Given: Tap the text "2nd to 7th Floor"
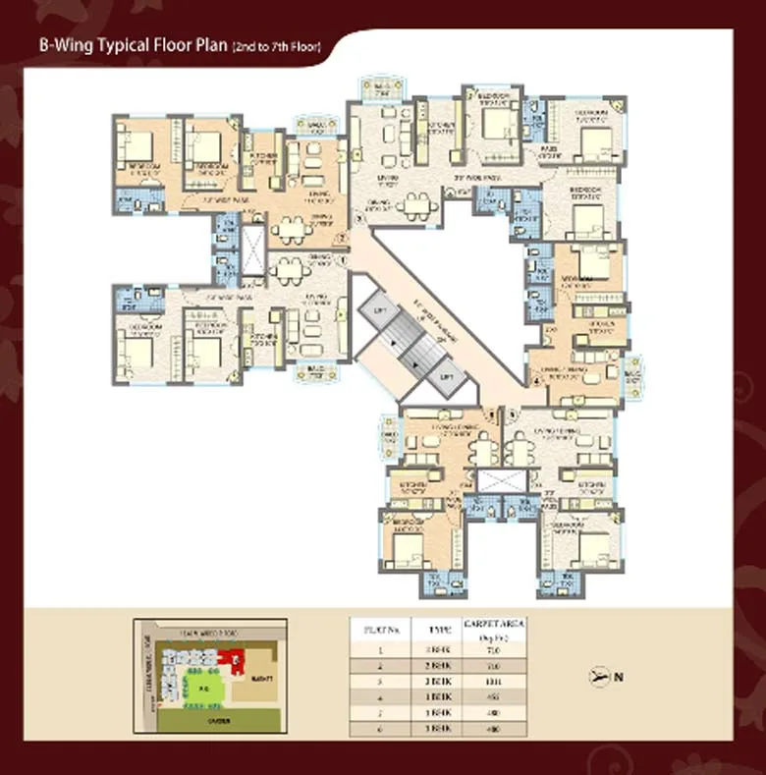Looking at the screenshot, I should click(276, 46).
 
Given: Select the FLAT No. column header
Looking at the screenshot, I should click(381, 627).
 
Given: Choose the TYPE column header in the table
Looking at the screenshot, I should click(437, 627).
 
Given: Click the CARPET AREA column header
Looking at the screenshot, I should click(492, 627).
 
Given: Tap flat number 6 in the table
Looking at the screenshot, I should click(381, 728).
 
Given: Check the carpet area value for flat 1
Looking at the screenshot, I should click(492, 649).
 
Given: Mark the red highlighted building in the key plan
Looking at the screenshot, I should click(237, 665).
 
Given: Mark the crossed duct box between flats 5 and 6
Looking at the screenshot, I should click(491, 481).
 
